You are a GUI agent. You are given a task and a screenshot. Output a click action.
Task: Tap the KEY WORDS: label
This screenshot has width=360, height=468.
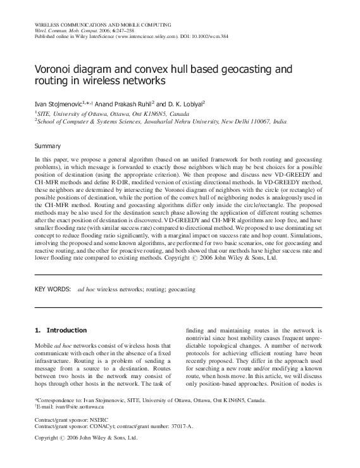click(52, 289)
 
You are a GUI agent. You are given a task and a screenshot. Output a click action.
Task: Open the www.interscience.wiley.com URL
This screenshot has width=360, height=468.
click(147, 37)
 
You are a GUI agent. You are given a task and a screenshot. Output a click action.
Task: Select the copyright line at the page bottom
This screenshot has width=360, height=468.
click(85, 438)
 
